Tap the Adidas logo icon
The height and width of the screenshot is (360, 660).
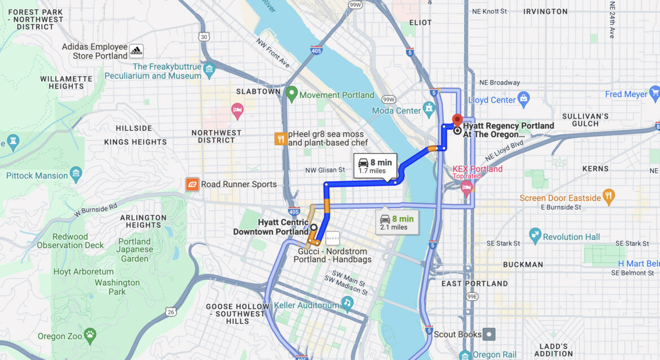pyautogui.click(x=136, y=51)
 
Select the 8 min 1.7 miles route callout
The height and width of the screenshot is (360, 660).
pyautogui.click(x=375, y=166)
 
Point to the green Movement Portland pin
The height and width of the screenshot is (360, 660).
pyautogui.click(x=292, y=94)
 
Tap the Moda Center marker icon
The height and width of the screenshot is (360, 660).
pyautogui.click(x=430, y=108)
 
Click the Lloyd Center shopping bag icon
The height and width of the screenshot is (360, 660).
pyautogui.click(x=523, y=99)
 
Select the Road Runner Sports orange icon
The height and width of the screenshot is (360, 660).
pyautogui.click(x=192, y=184)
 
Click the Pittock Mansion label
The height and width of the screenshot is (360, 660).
pyautogui.click(x=37, y=175)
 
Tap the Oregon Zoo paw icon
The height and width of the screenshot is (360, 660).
pyautogui.click(x=90, y=336)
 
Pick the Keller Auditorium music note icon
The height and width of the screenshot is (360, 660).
pyautogui.click(x=347, y=303)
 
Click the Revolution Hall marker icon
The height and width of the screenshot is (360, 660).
pyautogui.click(x=535, y=235)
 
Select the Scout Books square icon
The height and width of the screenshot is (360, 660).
pyautogui.click(x=490, y=334)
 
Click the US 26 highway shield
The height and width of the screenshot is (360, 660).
pyautogui.click(x=171, y=311)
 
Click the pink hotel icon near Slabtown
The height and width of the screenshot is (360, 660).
pyautogui.click(x=237, y=111)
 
